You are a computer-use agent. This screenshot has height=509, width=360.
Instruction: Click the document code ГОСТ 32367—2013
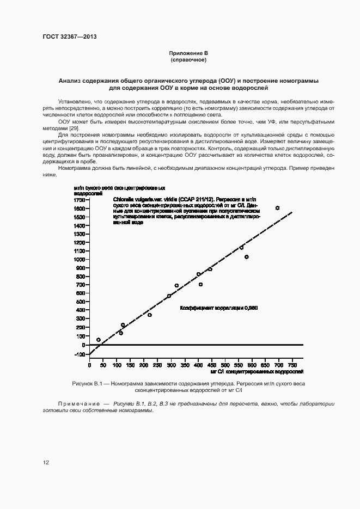point(69,37)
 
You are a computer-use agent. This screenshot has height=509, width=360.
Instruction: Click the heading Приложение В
point(188,53)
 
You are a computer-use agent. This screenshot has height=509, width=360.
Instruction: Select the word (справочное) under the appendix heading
point(188,59)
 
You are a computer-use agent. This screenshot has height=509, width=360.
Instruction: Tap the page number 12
point(46,462)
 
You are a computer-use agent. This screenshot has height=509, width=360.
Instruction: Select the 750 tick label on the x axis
point(292,365)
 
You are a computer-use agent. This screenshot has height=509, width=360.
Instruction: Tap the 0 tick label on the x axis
point(90,365)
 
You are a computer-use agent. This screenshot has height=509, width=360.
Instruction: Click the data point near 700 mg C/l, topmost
point(277,208)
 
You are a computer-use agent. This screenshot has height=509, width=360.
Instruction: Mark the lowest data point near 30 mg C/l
point(99,340)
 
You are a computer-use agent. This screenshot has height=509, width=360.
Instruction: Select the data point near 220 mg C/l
point(150,315)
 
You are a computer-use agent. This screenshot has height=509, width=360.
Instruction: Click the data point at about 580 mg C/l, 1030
point(247,257)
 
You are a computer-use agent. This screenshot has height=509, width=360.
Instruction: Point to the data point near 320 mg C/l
point(176,285)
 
